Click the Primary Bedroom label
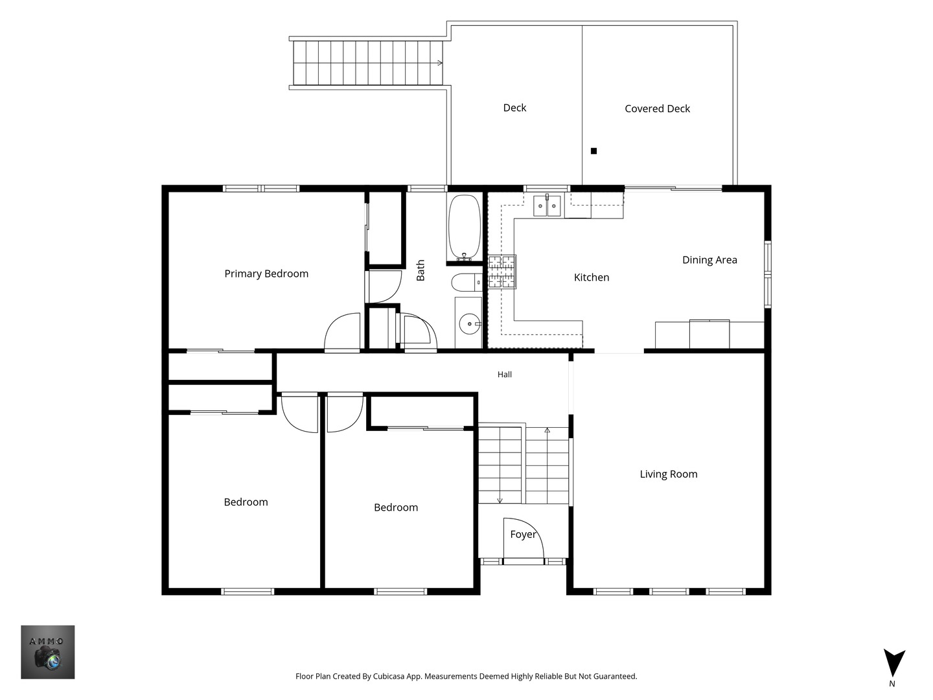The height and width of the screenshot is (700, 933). (266, 274)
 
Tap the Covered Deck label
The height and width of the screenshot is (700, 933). (657, 109)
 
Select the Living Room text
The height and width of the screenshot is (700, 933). (669, 474)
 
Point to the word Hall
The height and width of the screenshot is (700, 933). (505, 375)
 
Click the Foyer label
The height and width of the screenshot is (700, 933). (523, 534)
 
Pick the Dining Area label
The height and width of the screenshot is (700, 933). (709, 260)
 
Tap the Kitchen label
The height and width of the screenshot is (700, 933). (592, 277)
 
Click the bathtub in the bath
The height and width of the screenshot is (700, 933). (465, 227)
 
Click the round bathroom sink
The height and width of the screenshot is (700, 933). (469, 324)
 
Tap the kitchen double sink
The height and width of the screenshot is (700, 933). (547, 205)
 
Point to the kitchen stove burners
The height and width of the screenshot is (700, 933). (501, 272)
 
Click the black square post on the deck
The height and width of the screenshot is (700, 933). (593, 151)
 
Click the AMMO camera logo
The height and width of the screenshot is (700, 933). (47, 652)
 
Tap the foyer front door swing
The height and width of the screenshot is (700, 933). (524, 538)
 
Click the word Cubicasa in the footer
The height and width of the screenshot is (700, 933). (389, 676)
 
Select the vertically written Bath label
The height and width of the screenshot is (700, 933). (420, 270)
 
